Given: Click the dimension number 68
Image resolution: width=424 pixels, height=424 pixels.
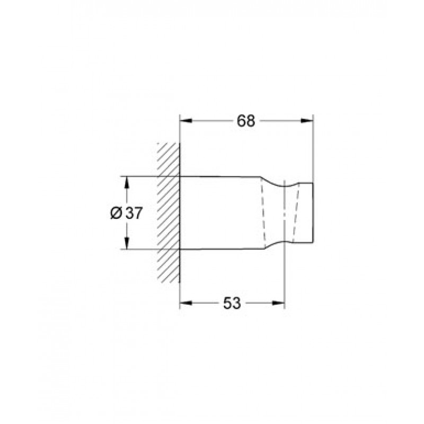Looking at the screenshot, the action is (246, 121).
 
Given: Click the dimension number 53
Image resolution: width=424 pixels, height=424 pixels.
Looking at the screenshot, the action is (232, 303).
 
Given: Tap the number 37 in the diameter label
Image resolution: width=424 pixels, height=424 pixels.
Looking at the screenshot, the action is (134, 213).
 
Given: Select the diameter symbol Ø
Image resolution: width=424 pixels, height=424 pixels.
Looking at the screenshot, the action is (116, 213).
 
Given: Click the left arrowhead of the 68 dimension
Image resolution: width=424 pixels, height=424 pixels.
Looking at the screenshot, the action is (186, 121).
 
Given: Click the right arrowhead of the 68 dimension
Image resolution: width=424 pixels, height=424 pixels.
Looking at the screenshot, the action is (307, 121).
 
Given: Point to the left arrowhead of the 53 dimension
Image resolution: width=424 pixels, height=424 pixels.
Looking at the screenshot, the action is (186, 303).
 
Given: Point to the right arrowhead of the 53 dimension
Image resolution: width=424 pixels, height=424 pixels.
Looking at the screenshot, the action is (279, 303).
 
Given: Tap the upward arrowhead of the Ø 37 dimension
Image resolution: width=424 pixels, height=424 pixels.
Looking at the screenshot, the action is (127, 182).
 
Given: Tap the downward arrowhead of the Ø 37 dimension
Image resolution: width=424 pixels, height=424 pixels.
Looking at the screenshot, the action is (127, 243).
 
